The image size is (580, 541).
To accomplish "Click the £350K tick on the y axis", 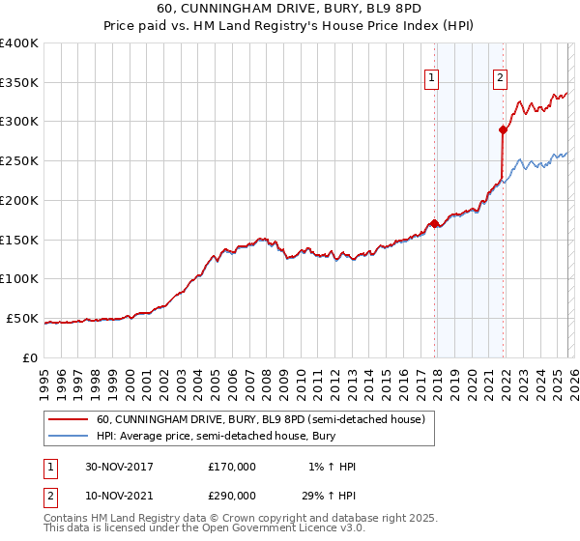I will coord(19,83).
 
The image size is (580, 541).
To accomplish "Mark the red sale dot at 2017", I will coord(435,223).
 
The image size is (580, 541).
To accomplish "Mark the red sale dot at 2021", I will coord(503,128).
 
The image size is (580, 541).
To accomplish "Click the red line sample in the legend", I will coord(68,420).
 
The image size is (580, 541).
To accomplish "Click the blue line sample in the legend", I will coord(68,438).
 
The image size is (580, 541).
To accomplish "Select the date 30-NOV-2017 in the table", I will coord(119,467).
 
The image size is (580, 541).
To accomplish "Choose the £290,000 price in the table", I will coord(232,495).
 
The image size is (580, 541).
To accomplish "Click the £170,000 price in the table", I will coord(232,467).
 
